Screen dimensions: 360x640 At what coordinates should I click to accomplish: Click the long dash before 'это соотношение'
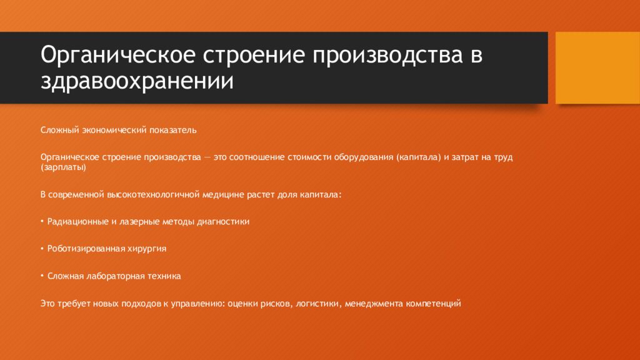coord(207,157)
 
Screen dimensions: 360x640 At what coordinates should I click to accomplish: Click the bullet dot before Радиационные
coord(42,221)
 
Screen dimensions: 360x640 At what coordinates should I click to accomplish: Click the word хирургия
coord(149,248)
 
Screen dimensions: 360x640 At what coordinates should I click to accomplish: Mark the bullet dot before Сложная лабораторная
coord(42,275)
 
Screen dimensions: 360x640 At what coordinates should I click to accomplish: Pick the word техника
coord(164,275)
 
